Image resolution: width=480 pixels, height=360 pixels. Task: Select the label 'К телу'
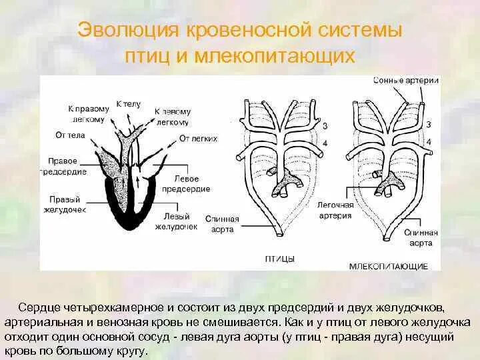coord(128,104)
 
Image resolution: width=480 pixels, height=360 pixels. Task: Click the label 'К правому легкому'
coord(87,113)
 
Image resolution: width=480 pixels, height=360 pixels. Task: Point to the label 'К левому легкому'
coord(172,116)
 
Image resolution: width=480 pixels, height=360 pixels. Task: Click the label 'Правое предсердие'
coord(67,166)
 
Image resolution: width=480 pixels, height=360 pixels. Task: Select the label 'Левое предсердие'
coord(192,183)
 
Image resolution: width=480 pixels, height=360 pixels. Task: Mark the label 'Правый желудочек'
coord(67,205)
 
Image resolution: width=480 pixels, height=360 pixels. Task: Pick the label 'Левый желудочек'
coord(175,221)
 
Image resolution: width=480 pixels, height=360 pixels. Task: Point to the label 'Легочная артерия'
coord(335,211)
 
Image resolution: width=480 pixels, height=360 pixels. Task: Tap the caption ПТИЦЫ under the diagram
coord(279,257)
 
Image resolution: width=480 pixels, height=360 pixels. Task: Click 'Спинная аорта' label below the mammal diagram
coord(422,237)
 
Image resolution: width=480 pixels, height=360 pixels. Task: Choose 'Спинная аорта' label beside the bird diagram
coord(223,223)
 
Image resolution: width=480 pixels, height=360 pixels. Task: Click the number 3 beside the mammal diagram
coord(429,125)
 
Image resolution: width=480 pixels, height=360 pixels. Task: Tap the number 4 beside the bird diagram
coord(324,142)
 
